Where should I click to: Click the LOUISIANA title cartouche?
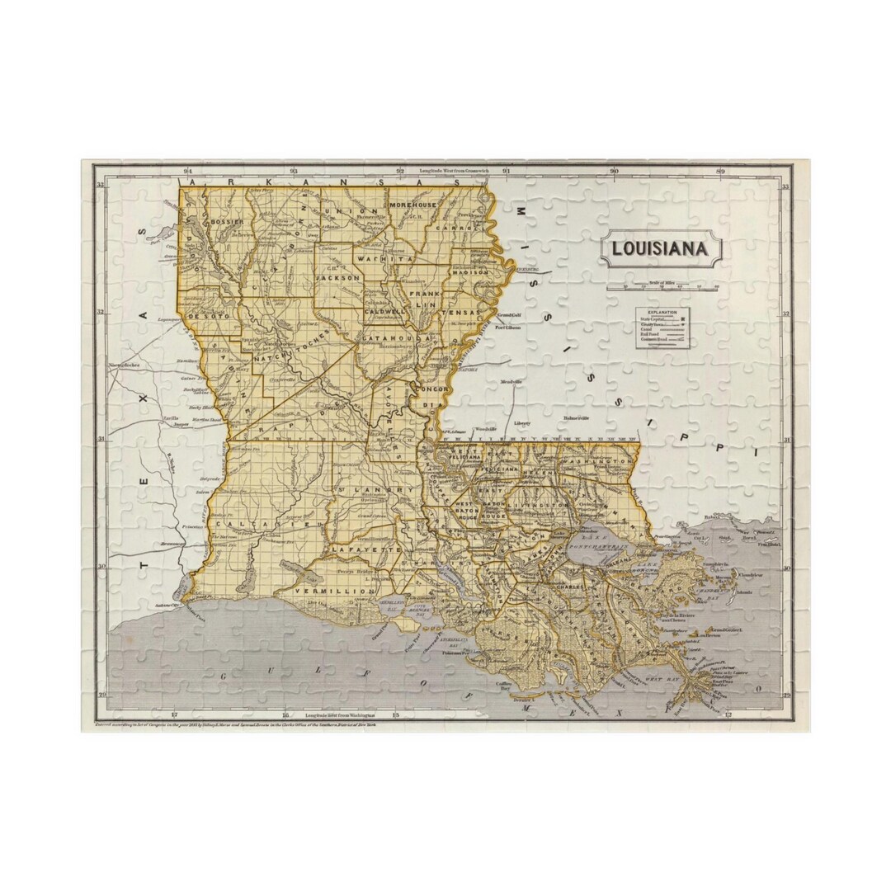pyautogui.click(x=660, y=248)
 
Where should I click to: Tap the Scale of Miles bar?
pyautogui.click(x=663, y=288)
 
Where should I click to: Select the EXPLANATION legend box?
pyautogui.click(x=662, y=328)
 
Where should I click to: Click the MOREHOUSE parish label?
pyautogui.click(x=412, y=204)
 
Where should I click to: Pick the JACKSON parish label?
pyautogui.click(x=337, y=279)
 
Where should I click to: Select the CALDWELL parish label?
pyautogui.click(x=385, y=312)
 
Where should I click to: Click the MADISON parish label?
pyautogui.click(x=471, y=271)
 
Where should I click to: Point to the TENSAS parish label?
pyautogui.click(x=460, y=313)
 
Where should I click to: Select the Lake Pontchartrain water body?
pyautogui.click(x=598, y=549)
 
